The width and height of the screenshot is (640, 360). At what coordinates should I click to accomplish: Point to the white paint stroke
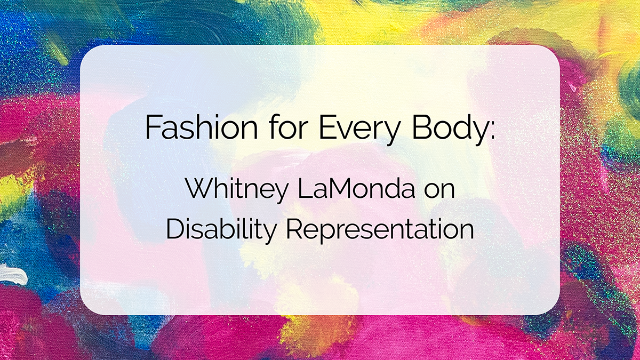[x=12, y=276]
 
